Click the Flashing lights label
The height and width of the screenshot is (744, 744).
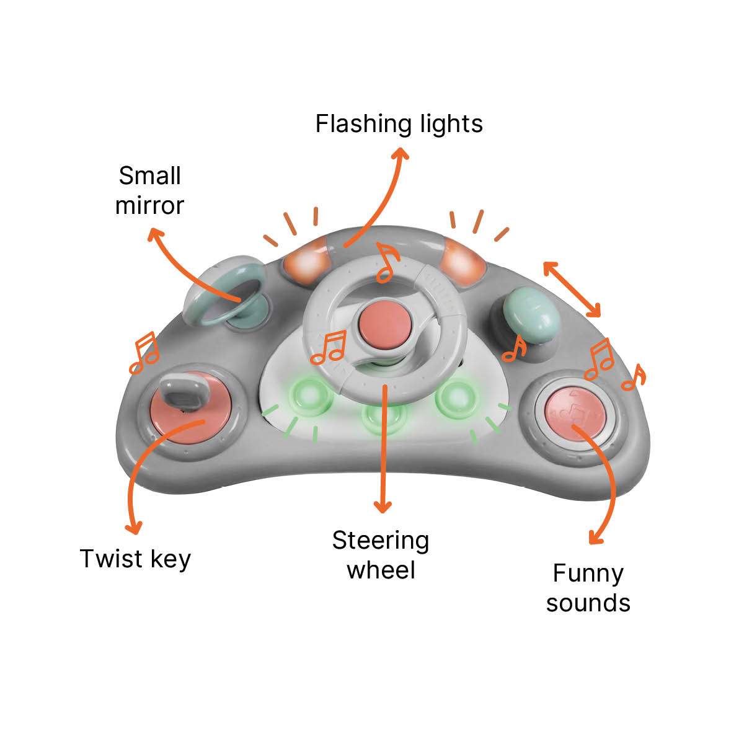point(399,124)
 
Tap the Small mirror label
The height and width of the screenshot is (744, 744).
point(150,190)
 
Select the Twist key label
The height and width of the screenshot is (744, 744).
point(135,559)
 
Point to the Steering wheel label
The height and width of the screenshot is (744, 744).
point(381,555)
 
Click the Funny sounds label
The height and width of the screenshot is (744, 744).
point(588,588)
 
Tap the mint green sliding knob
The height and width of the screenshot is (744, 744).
point(531,313)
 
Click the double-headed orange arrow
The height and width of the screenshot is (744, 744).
point(572,290)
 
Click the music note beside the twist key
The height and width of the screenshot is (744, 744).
point(144,353)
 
